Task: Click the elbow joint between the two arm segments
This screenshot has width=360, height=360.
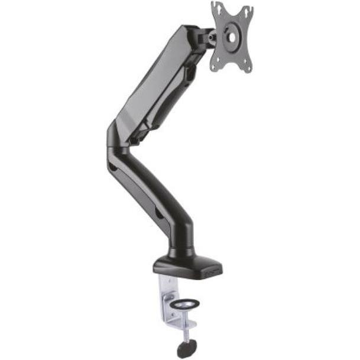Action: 118,142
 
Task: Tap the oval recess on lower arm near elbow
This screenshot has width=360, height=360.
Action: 112,168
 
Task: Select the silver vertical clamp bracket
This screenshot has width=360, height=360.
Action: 168,301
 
